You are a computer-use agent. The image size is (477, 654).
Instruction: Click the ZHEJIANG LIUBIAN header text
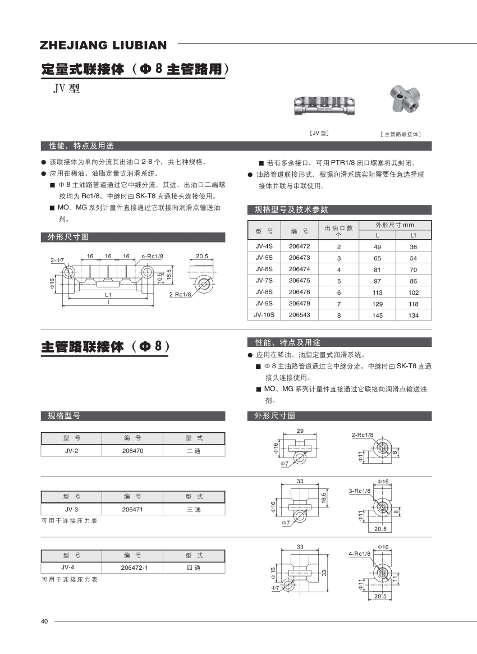coord(103,45)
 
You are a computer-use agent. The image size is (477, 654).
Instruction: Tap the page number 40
coord(45,621)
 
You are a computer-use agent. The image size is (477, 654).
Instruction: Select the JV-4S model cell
coord(264,246)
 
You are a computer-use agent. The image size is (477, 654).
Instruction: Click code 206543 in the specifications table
coord(299,315)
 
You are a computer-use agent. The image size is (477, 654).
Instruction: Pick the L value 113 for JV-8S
coord(377,292)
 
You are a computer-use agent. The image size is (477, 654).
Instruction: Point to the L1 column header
coord(414,235)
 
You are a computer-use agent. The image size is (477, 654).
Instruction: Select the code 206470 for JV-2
coord(132,451)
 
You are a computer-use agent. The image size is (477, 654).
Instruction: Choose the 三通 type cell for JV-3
coord(194,509)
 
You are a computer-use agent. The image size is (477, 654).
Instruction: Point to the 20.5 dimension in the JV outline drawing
coord(202,256)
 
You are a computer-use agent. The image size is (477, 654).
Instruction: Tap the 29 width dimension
coord(300,431)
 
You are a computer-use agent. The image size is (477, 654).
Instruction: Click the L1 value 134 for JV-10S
coord(414,315)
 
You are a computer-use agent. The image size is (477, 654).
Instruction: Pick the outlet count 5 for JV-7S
coord(339,280)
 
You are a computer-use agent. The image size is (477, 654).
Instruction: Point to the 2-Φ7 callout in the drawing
coord(57,260)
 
